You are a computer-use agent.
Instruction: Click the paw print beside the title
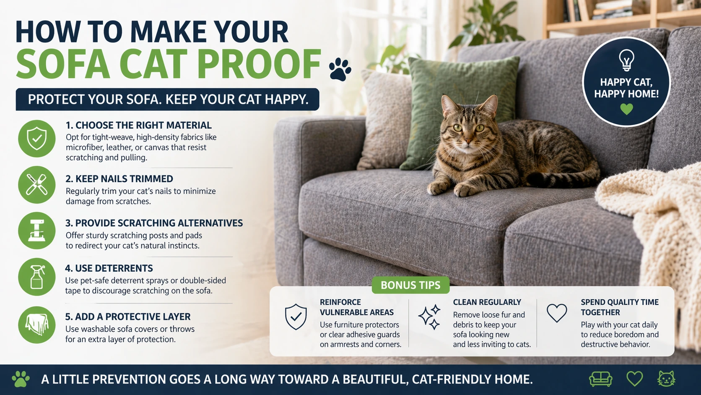point(340,70)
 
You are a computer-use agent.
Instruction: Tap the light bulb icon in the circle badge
point(626,60)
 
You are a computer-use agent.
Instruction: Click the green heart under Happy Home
point(626,109)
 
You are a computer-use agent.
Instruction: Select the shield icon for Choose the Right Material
point(37,139)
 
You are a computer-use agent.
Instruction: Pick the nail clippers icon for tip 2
point(37,185)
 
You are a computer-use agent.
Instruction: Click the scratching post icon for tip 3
point(37,231)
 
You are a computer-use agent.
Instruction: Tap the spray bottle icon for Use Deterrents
point(37,277)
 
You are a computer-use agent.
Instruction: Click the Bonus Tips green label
point(410,285)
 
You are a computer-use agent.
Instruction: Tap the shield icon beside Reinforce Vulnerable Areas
point(296,317)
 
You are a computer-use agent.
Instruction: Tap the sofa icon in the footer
point(601,379)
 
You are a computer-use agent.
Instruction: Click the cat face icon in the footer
point(666,379)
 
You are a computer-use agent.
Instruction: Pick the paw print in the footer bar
point(21,379)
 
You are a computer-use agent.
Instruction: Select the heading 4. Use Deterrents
point(109,268)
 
